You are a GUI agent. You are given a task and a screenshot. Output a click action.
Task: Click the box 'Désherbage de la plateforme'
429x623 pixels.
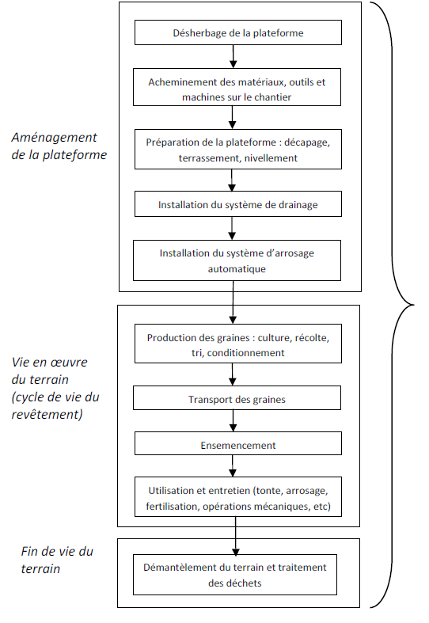(238, 32)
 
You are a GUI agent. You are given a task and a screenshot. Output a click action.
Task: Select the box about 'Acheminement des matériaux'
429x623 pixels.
(237, 87)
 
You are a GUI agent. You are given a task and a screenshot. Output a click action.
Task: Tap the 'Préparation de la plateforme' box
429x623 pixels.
(238, 149)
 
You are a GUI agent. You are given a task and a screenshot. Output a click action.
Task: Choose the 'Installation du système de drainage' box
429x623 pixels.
(238, 203)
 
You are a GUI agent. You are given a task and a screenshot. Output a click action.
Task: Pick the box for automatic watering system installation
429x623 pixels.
(237, 260)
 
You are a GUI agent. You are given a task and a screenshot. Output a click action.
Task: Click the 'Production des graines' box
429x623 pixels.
(238, 344)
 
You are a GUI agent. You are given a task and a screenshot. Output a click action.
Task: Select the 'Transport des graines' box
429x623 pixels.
(237, 397)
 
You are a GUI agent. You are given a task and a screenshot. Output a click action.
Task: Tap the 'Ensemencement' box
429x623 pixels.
(238, 443)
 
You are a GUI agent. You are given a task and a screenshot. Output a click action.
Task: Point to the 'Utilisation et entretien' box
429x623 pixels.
(238, 496)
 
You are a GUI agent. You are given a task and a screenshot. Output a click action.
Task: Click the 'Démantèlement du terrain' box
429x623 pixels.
(235, 575)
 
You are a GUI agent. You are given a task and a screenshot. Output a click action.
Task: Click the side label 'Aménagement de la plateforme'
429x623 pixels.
(59, 146)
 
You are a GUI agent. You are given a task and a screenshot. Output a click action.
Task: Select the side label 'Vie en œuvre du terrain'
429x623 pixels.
(55, 388)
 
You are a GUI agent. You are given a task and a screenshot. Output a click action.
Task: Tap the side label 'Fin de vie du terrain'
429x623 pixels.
(57, 560)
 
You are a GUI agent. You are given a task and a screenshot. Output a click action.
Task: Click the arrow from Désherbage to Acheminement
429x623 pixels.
(233, 56)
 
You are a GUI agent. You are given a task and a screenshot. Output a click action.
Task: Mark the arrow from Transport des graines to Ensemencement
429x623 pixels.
(233, 421)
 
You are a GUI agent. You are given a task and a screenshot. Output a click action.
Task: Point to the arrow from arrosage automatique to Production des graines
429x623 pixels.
(233, 302)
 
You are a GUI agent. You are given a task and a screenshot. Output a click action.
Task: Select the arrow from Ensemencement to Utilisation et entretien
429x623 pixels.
(233, 465)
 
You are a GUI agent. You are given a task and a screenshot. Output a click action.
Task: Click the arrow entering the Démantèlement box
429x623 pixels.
(236, 536)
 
